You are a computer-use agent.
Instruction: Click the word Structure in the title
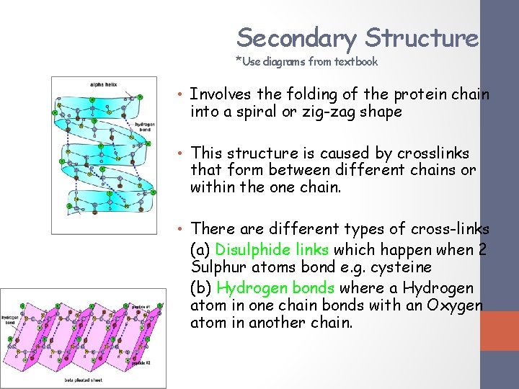pyautogui.click(x=422, y=37)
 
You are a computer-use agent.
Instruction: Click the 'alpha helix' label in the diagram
pyautogui.click(x=104, y=85)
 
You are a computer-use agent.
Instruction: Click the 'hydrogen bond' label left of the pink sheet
pyautogui.click(x=11, y=320)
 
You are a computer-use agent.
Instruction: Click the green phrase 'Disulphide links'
pyautogui.click(x=272, y=250)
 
